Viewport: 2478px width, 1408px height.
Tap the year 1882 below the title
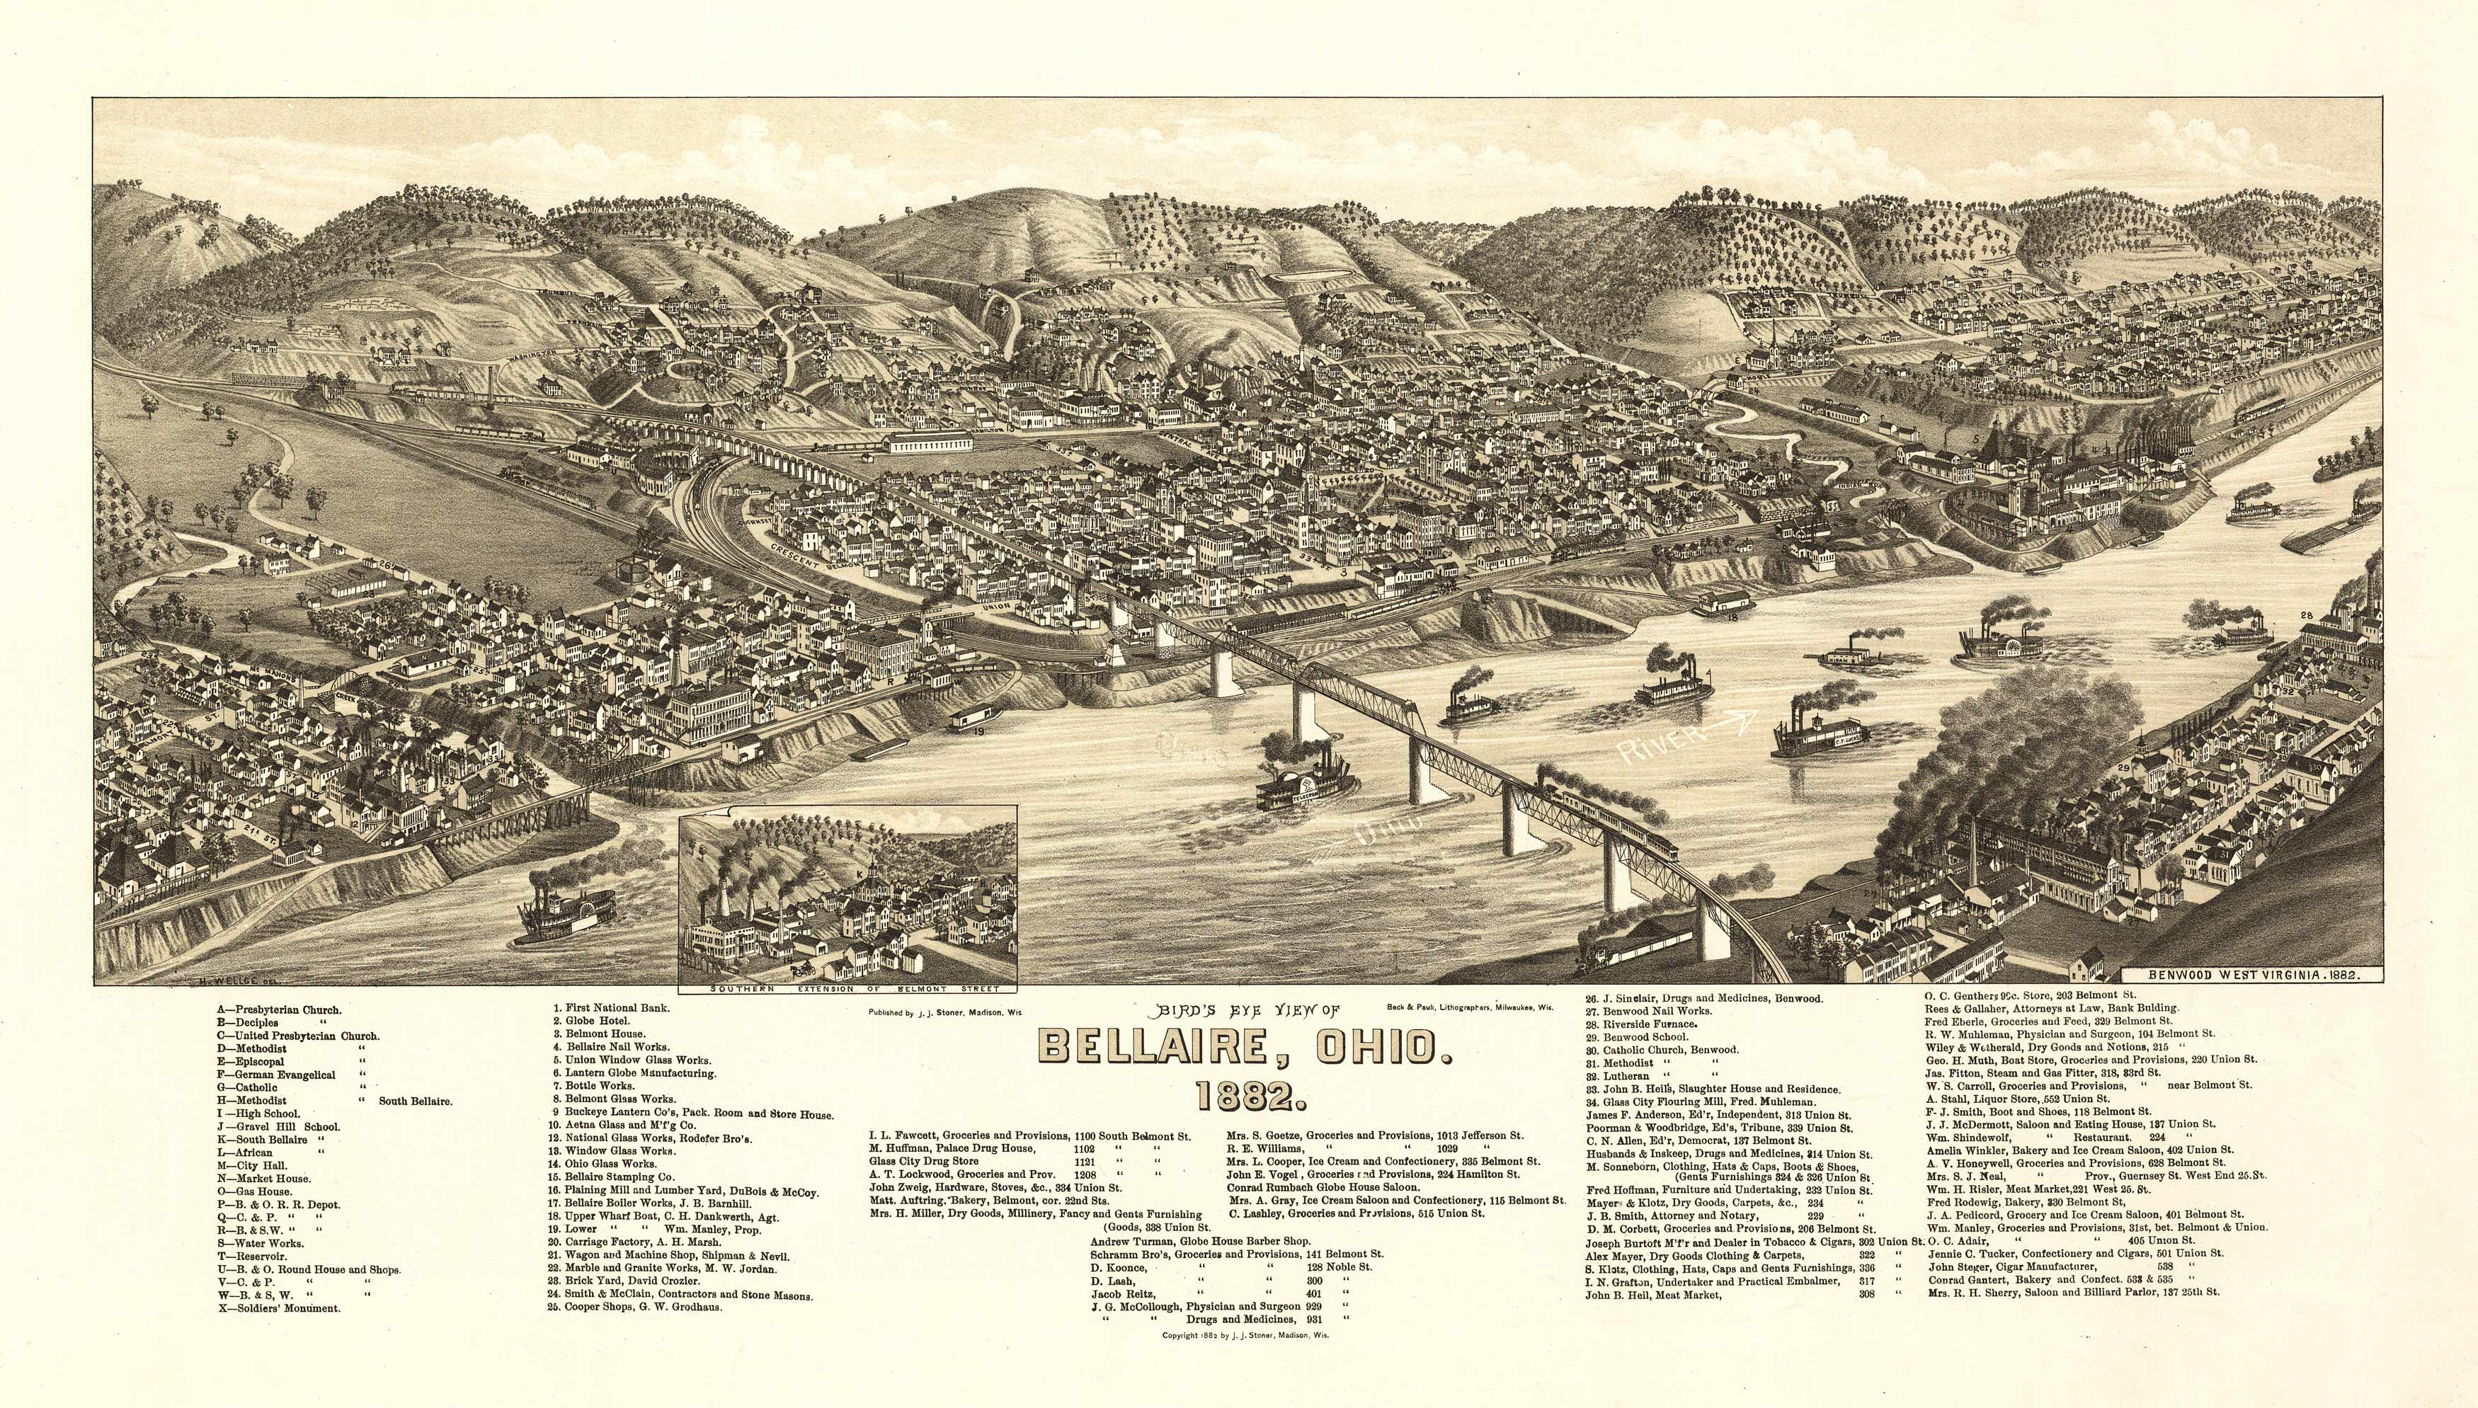tap(1245, 1096)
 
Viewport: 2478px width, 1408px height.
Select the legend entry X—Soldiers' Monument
tap(278, 1308)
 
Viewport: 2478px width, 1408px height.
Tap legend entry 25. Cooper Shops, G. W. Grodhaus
tap(636, 1307)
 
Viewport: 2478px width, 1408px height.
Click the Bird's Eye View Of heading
tap(1247, 1012)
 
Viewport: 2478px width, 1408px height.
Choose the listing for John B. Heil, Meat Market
tap(1653, 1295)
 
